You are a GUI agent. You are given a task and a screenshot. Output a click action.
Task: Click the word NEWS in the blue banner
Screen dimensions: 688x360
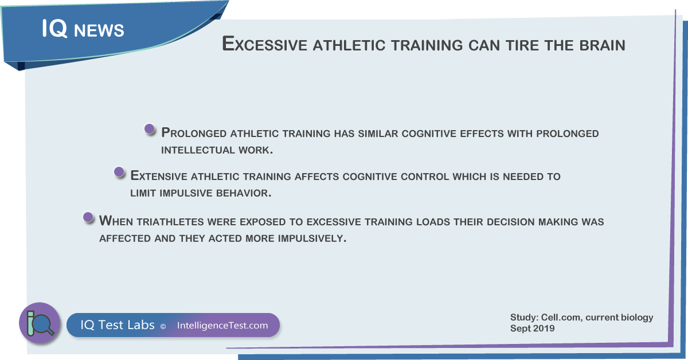pyautogui.click(x=99, y=30)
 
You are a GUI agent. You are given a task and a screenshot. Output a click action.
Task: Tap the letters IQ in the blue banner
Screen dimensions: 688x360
pyautogui.click(x=54, y=28)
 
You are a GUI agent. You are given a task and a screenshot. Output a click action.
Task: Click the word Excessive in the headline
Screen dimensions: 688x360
pyautogui.click(x=264, y=44)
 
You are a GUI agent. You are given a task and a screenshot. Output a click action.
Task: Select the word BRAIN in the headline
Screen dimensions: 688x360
pyautogui.click(x=602, y=45)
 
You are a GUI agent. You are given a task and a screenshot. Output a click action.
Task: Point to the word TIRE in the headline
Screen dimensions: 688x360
pyautogui.click(x=522, y=45)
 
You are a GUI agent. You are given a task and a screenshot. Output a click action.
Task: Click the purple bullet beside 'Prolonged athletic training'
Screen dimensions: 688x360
pyautogui.click(x=150, y=129)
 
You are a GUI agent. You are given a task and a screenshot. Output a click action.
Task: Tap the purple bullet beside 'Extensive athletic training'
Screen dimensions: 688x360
pyautogui.click(x=119, y=172)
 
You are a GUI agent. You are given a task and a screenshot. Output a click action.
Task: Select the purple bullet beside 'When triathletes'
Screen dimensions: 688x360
pyautogui.click(x=88, y=217)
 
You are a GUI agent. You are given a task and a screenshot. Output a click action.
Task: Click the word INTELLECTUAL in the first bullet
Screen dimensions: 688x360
pyautogui.click(x=198, y=150)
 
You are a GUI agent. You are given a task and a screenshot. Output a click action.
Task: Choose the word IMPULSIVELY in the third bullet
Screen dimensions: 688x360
pyautogui.click(x=312, y=238)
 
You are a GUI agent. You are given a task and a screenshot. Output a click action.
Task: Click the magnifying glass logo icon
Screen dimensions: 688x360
pyautogui.click(x=40, y=323)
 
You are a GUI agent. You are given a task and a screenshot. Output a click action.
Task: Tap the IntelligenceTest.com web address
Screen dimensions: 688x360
pyautogui.click(x=222, y=325)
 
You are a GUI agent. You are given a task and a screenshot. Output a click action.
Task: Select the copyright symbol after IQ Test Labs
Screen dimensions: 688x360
pyautogui.click(x=163, y=327)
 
